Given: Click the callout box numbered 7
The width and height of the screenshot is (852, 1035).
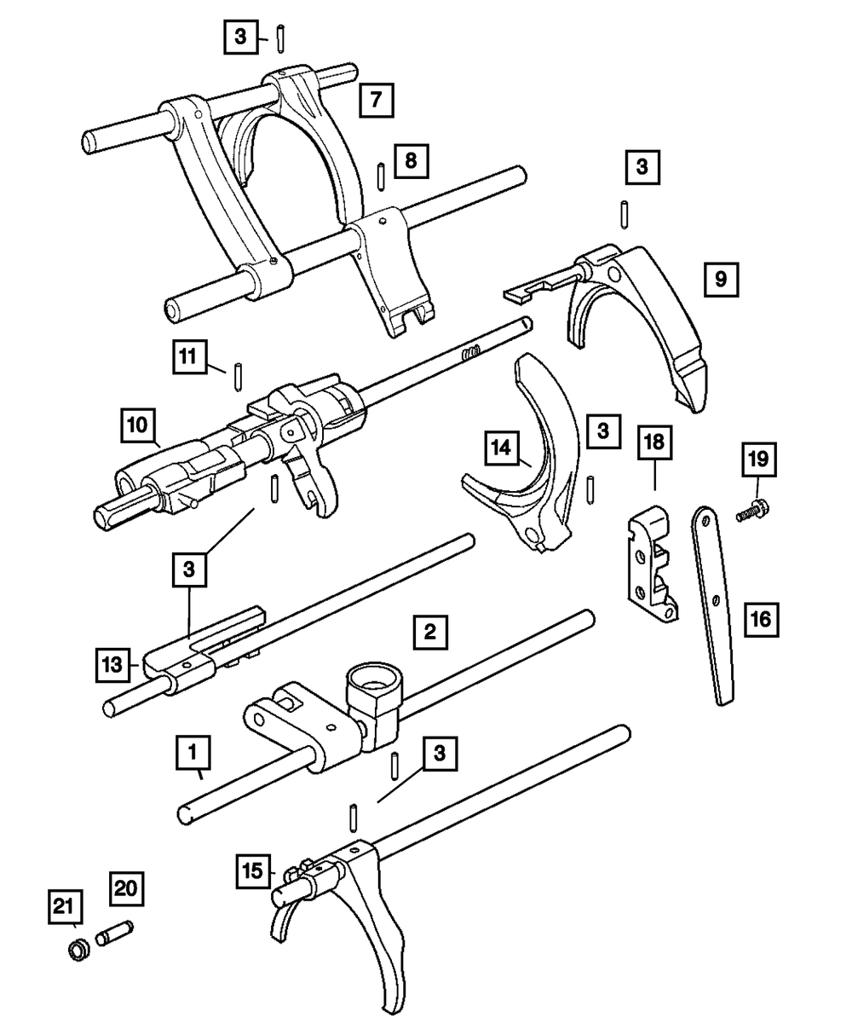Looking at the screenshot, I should (x=376, y=101).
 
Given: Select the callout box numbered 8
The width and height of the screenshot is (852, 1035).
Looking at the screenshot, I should (x=411, y=160).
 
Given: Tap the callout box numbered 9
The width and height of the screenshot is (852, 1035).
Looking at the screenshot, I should (x=721, y=279).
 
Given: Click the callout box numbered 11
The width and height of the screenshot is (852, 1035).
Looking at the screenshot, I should (x=193, y=356).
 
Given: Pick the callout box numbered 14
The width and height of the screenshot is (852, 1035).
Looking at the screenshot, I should (x=503, y=447).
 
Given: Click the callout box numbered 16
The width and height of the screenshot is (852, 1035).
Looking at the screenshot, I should (x=760, y=618).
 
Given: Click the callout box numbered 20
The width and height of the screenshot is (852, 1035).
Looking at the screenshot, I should (x=126, y=888).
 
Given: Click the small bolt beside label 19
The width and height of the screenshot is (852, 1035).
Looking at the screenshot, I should (x=751, y=513).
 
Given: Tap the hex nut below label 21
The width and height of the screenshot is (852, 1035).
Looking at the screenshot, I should (x=78, y=949).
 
